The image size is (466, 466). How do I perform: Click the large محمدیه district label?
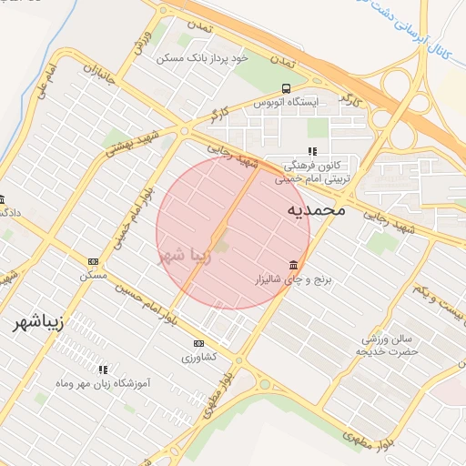pos(317,209)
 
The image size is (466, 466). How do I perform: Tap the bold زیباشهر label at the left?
pos(38,323)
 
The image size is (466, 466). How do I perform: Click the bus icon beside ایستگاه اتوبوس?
pos(286,88)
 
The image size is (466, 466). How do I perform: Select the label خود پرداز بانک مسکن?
pos(202,57)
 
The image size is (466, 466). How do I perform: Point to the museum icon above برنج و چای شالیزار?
pos(291,266)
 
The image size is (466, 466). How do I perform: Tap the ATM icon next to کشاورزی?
pos(198,343)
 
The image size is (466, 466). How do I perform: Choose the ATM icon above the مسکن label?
pos(92,261)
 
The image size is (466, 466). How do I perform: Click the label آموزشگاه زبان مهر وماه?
pos(103,385)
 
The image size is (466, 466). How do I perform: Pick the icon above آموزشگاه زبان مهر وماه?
pos(103,370)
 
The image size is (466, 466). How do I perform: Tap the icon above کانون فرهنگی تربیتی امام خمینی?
pos(312,151)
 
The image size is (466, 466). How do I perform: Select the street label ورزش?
pos(140,39)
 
